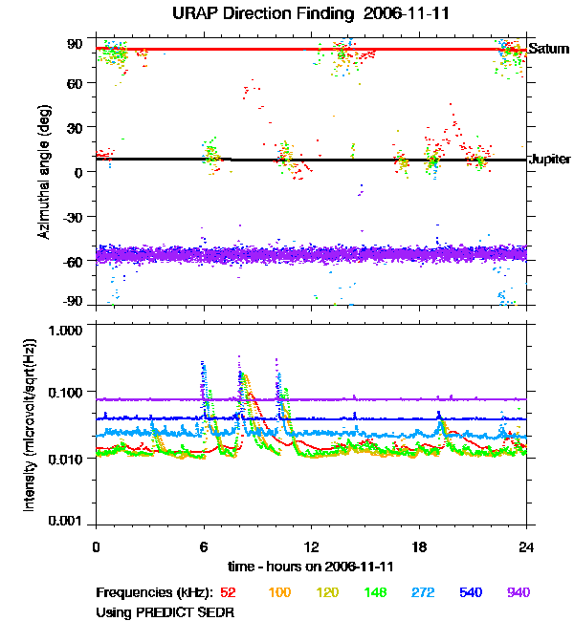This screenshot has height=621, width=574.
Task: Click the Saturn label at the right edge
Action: click(x=549, y=49)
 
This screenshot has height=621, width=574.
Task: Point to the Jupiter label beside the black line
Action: click(x=550, y=160)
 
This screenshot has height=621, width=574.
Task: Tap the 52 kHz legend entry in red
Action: click(x=230, y=592)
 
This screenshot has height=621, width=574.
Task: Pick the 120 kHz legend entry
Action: click(x=328, y=592)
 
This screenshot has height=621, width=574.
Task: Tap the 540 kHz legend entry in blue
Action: click(x=470, y=592)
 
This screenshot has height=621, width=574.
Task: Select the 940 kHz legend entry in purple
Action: click(x=518, y=592)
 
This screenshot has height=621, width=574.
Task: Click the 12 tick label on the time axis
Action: click(x=311, y=546)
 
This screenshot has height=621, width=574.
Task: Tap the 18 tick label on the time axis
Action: click(x=419, y=546)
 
